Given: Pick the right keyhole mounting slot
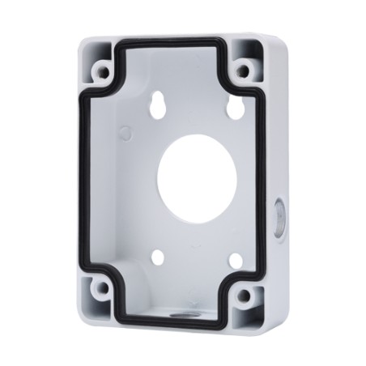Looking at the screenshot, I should pos(229,107).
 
